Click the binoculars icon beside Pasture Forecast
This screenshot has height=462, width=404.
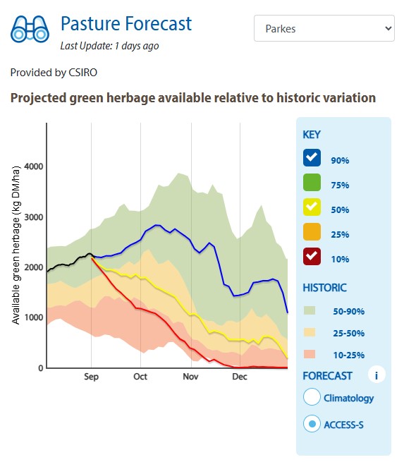30,30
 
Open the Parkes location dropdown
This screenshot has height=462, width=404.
324,29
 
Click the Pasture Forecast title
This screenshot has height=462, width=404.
126,23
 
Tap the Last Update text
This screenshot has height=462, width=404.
109,46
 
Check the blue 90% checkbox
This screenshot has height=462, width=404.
312,159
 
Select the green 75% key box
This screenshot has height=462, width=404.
312,183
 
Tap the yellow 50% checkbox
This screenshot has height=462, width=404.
312,207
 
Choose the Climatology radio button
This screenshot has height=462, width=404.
312,397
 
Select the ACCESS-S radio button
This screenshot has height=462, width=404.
312,424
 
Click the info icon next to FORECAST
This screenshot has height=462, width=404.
377,375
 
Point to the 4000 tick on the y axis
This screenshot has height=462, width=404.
34,167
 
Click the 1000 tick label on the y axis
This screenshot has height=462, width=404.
34,318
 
